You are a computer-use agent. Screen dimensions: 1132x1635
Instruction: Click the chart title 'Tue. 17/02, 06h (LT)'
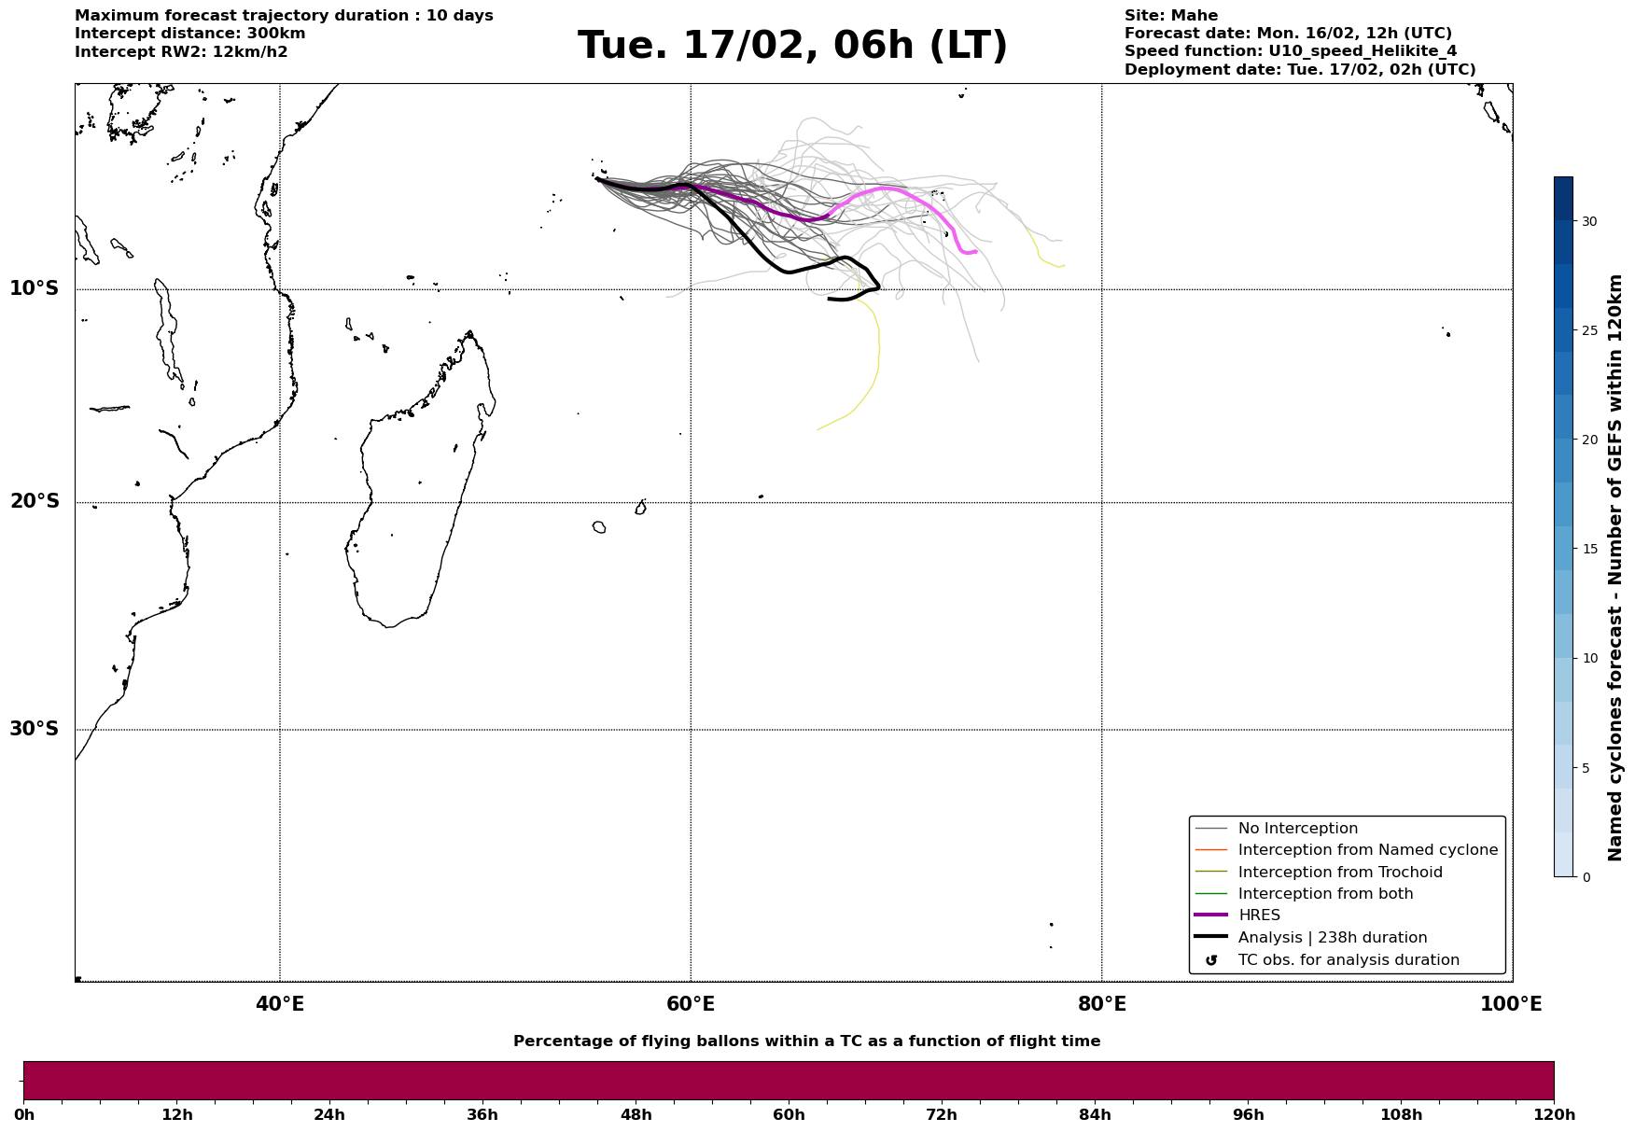[x=792, y=47]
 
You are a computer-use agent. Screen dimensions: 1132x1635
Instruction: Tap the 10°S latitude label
[x=35, y=288]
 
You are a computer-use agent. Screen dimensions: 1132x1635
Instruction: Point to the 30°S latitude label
[x=35, y=729]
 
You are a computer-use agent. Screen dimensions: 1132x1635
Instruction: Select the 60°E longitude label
[x=691, y=1004]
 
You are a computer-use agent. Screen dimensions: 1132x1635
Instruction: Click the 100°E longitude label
[x=1511, y=1004]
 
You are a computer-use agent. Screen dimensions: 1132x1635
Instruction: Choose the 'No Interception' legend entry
[x=1297, y=829]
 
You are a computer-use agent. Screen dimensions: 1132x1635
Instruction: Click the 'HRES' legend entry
[x=1259, y=915]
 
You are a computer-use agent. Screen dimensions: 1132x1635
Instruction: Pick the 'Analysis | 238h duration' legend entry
[x=1332, y=938]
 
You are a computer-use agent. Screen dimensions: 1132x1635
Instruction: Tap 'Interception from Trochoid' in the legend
[x=1339, y=873]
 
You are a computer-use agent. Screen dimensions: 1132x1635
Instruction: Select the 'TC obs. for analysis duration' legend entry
[x=1348, y=960]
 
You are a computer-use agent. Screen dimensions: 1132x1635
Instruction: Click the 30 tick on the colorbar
[x=1588, y=221]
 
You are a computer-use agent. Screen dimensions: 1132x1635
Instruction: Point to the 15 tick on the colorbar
[x=1588, y=549]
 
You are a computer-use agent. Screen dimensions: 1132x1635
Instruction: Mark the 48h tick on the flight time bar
[x=636, y=1114]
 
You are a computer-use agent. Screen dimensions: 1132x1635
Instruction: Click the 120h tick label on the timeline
[x=1554, y=1114]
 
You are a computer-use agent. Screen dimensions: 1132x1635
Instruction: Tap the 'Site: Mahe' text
[x=1170, y=16]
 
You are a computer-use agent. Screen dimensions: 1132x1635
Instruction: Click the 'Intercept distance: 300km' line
[x=189, y=34]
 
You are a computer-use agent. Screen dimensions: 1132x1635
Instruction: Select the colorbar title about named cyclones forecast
[x=1615, y=567]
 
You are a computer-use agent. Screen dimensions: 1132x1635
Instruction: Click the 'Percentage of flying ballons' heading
[x=806, y=1041]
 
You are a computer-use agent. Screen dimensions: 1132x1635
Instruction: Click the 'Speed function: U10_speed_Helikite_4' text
[x=1290, y=51]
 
